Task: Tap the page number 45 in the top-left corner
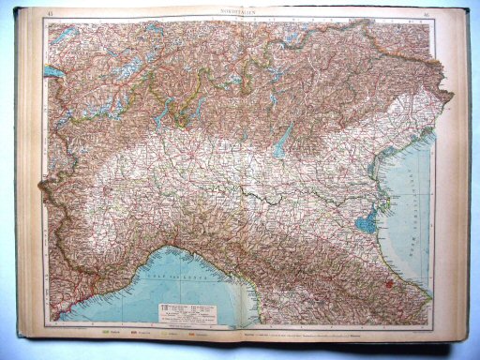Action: pos(49,13)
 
